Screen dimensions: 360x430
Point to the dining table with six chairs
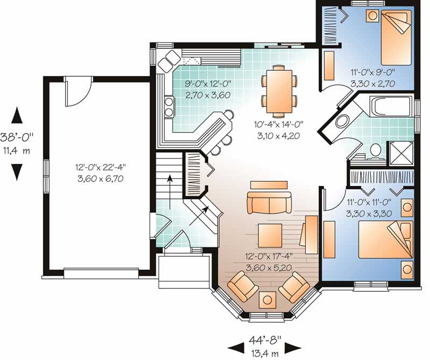pyautogui.click(x=279, y=90)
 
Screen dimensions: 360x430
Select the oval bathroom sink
pyautogui.click(x=342, y=121)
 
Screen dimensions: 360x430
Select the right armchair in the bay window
pyautogui.click(x=294, y=287)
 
